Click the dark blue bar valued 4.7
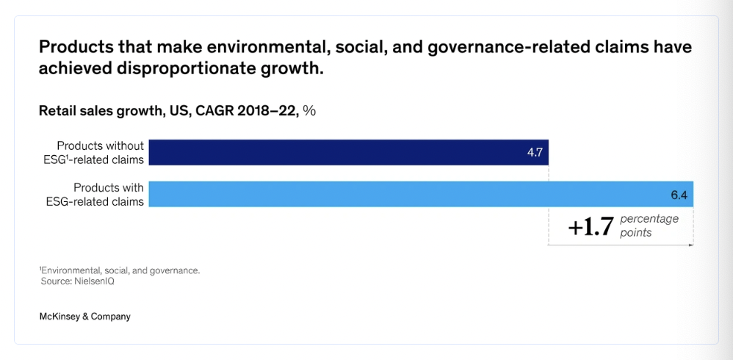(x=348, y=152)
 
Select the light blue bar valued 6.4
(x=420, y=194)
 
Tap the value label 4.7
(x=535, y=152)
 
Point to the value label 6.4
(x=678, y=195)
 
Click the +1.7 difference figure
(x=591, y=227)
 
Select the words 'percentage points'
(x=649, y=226)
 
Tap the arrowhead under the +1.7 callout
(x=691, y=245)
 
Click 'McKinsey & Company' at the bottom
(x=85, y=316)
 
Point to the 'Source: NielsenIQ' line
(x=77, y=281)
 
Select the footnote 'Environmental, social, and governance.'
(x=120, y=270)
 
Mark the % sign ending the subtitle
(x=309, y=111)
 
